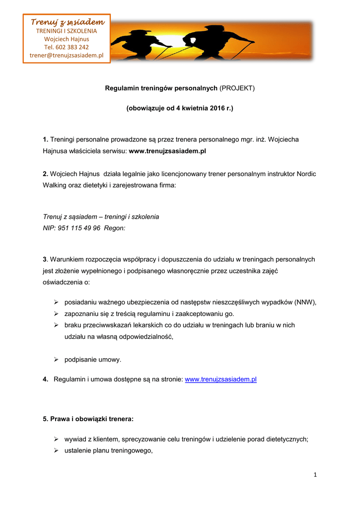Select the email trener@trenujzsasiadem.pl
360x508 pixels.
coord(67,56)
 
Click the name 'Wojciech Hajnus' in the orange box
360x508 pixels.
coord(67,39)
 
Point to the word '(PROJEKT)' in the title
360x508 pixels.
coord(237,88)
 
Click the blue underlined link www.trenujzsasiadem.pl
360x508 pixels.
coord(220,380)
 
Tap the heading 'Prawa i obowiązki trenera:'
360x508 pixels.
coord(88,419)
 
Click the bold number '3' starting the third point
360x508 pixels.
coord(45,259)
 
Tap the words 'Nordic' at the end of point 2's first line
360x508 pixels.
coord(307,174)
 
